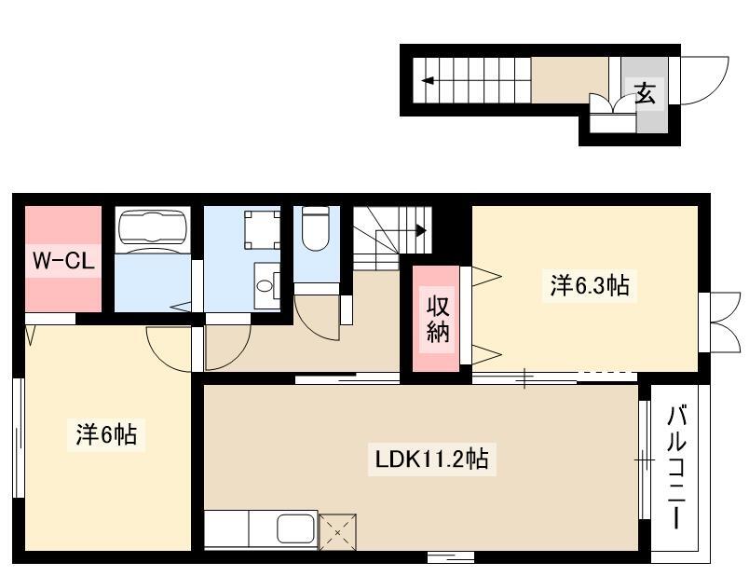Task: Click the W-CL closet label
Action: [x=63, y=261]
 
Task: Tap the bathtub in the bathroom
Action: [x=153, y=228]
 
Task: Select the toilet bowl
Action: [x=316, y=228]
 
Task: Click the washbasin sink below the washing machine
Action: [x=264, y=286]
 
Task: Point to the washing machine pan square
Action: [x=263, y=230]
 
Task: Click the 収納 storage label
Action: [x=438, y=319]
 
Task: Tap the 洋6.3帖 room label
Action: [x=590, y=285]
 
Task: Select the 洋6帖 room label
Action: [x=106, y=434]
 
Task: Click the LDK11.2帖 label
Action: [x=431, y=459]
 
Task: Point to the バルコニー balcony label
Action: [x=676, y=467]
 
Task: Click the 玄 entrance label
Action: [x=645, y=93]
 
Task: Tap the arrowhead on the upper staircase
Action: [x=427, y=80]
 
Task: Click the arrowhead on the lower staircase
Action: [x=421, y=231]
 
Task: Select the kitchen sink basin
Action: [x=296, y=528]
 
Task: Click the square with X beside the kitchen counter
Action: [x=337, y=531]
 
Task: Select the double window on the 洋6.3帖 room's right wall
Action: [x=724, y=322]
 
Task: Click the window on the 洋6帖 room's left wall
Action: [x=19, y=438]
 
